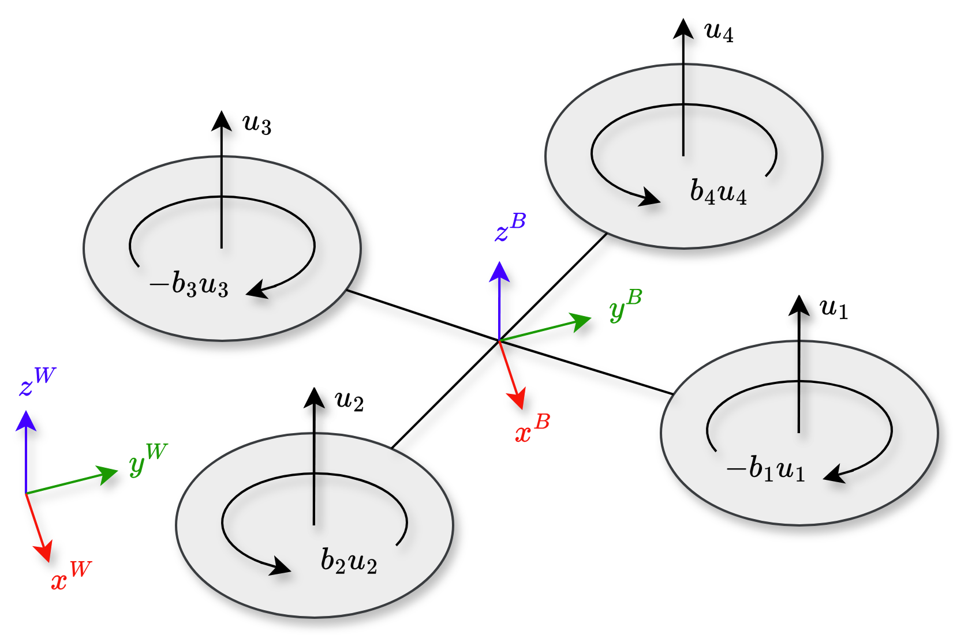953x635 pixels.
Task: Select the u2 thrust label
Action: pyautogui.click(x=349, y=400)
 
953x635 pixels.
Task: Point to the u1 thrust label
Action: pyautogui.click(x=834, y=309)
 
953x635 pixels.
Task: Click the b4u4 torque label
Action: pyautogui.click(x=718, y=192)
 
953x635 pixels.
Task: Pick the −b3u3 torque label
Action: pyautogui.click(x=189, y=285)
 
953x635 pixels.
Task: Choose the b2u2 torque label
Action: pyautogui.click(x=349, y=561)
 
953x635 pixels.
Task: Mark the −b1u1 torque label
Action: pyautogui.click(x=765, y=468)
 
